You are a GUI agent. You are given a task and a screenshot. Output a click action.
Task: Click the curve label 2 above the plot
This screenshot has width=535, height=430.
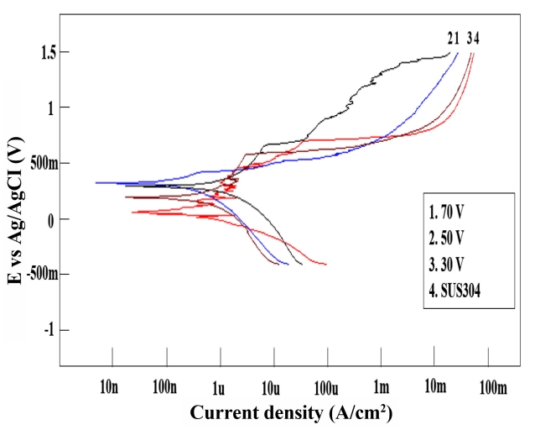click(x=450, y=38)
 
